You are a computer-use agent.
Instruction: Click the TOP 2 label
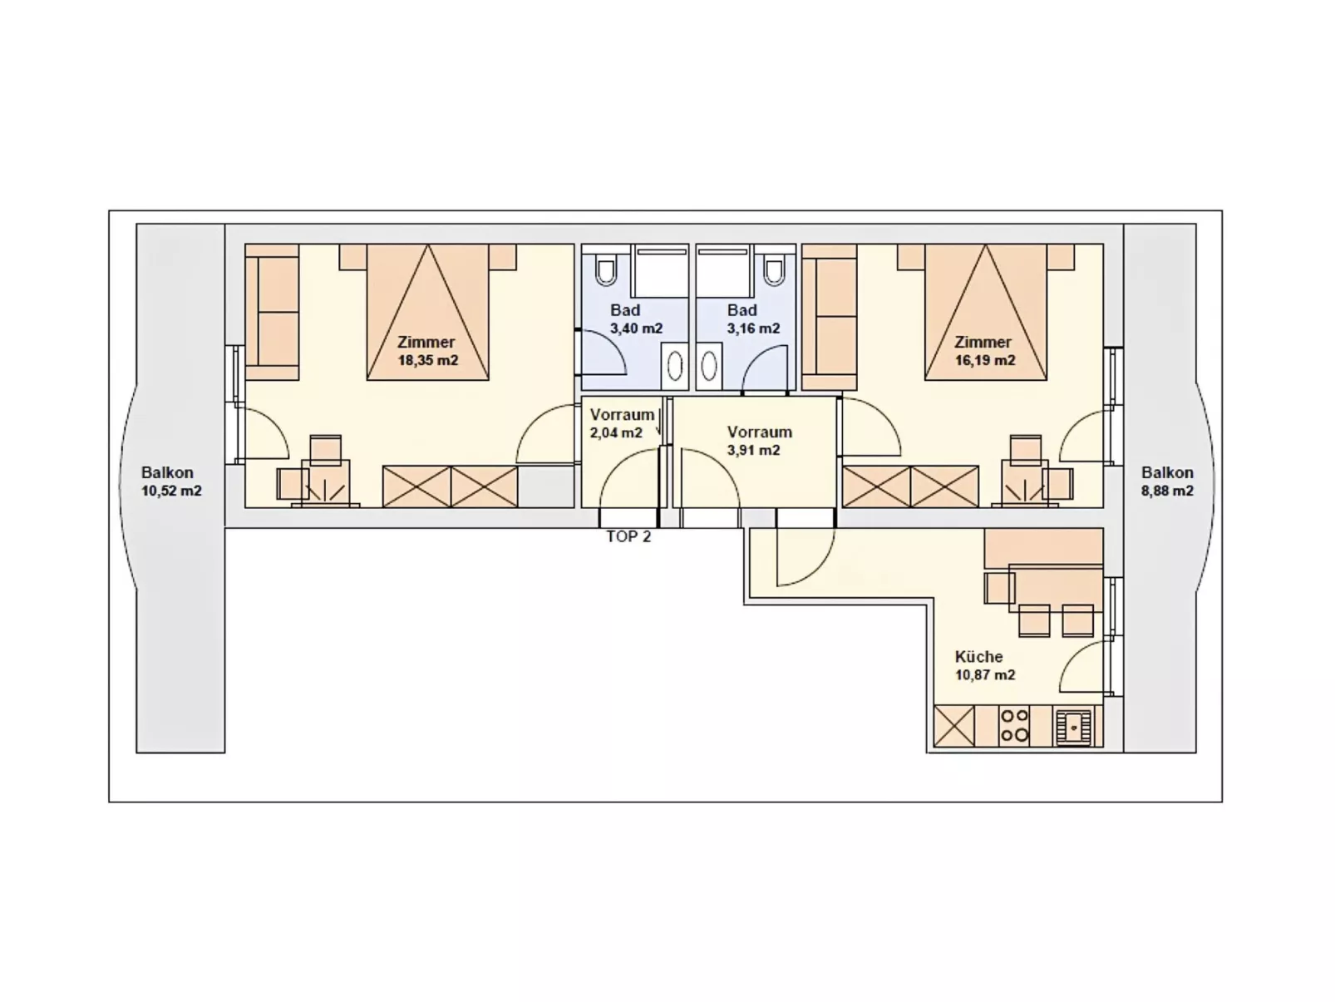628,537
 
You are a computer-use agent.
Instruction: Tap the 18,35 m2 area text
427,361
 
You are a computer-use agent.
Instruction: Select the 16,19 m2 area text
984,361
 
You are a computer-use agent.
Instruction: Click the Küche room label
978,657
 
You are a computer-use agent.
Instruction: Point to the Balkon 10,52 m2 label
170,481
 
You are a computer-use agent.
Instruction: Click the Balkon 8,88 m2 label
1167,481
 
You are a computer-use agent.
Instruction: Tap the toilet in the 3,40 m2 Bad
606,270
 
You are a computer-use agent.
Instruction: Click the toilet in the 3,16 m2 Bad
774,270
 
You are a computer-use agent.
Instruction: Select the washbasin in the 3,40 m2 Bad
675,366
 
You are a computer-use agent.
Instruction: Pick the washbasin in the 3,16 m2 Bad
708,366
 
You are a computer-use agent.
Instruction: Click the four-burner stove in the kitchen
1013,725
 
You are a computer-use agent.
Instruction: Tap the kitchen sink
1073,726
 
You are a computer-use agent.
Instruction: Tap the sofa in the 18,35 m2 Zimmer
273,318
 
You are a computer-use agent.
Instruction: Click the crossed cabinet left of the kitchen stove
953,725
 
